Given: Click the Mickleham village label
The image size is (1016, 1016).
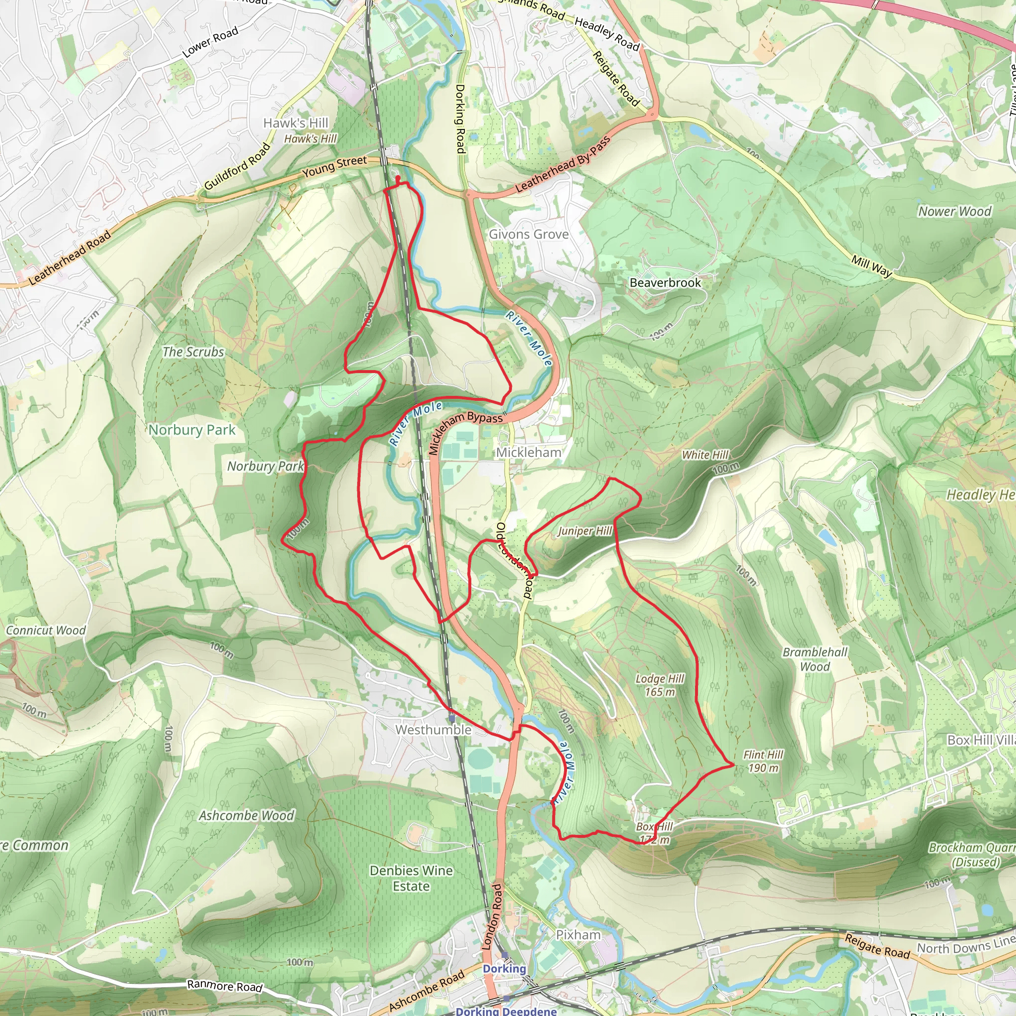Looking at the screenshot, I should click(x=528, y=452).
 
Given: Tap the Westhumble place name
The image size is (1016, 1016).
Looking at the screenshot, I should click(x=433, y=730).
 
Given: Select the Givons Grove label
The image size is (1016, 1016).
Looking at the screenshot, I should click(x=528, y=235).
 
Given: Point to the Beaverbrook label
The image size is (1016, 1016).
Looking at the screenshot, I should click(x=665, y=283).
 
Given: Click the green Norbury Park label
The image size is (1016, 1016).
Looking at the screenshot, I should click(x=192, y=430).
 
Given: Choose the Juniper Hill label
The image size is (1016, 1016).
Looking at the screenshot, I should click(x=584, y=531).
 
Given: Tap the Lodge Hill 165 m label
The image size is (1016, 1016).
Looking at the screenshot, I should click(x=659, y=685).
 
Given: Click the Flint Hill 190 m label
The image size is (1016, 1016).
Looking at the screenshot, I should click(x=763, y=762).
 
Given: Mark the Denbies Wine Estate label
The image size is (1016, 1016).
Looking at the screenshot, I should click(x=411, y=878).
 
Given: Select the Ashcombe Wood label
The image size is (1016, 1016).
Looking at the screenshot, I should click(x=246, y=816).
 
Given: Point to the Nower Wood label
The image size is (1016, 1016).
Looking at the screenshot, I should click(x=954, y=211).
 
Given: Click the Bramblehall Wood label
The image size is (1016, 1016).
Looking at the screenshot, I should click(x=815, y=659).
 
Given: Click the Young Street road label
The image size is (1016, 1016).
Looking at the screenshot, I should click(x=334, y=166).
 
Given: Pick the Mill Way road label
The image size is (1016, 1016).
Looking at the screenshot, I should click(x=871, y=266).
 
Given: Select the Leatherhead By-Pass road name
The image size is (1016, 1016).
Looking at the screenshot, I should click(x=563, y=165).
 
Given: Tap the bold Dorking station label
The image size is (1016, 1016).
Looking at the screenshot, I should click(x=504, y=969).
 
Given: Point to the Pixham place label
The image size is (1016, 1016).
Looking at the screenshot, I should click(x=578, y=935).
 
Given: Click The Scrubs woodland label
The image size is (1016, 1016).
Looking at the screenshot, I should click(x=193, y=352).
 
